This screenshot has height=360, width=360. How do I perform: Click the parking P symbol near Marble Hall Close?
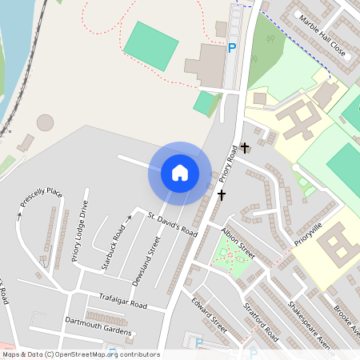pos(232,49)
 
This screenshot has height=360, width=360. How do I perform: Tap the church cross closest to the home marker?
pos(222,194)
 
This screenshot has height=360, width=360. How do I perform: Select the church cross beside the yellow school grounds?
pos(245,148)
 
